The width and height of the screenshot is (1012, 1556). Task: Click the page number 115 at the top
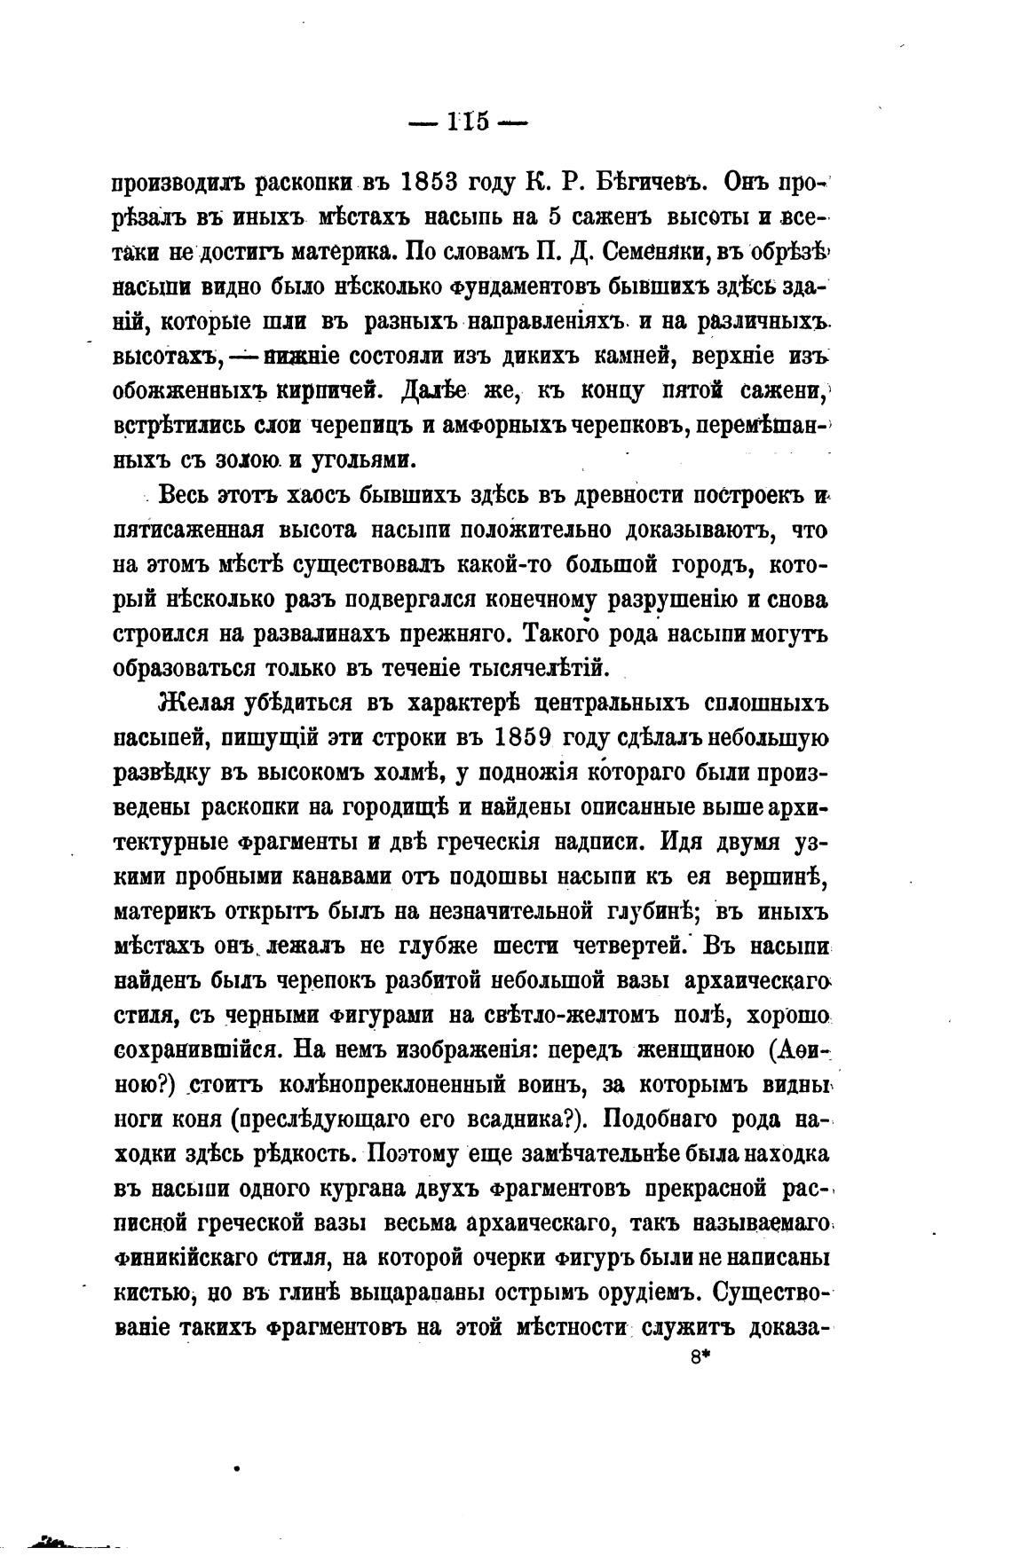[469, 122]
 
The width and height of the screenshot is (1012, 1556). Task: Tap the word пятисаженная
[189, 530]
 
